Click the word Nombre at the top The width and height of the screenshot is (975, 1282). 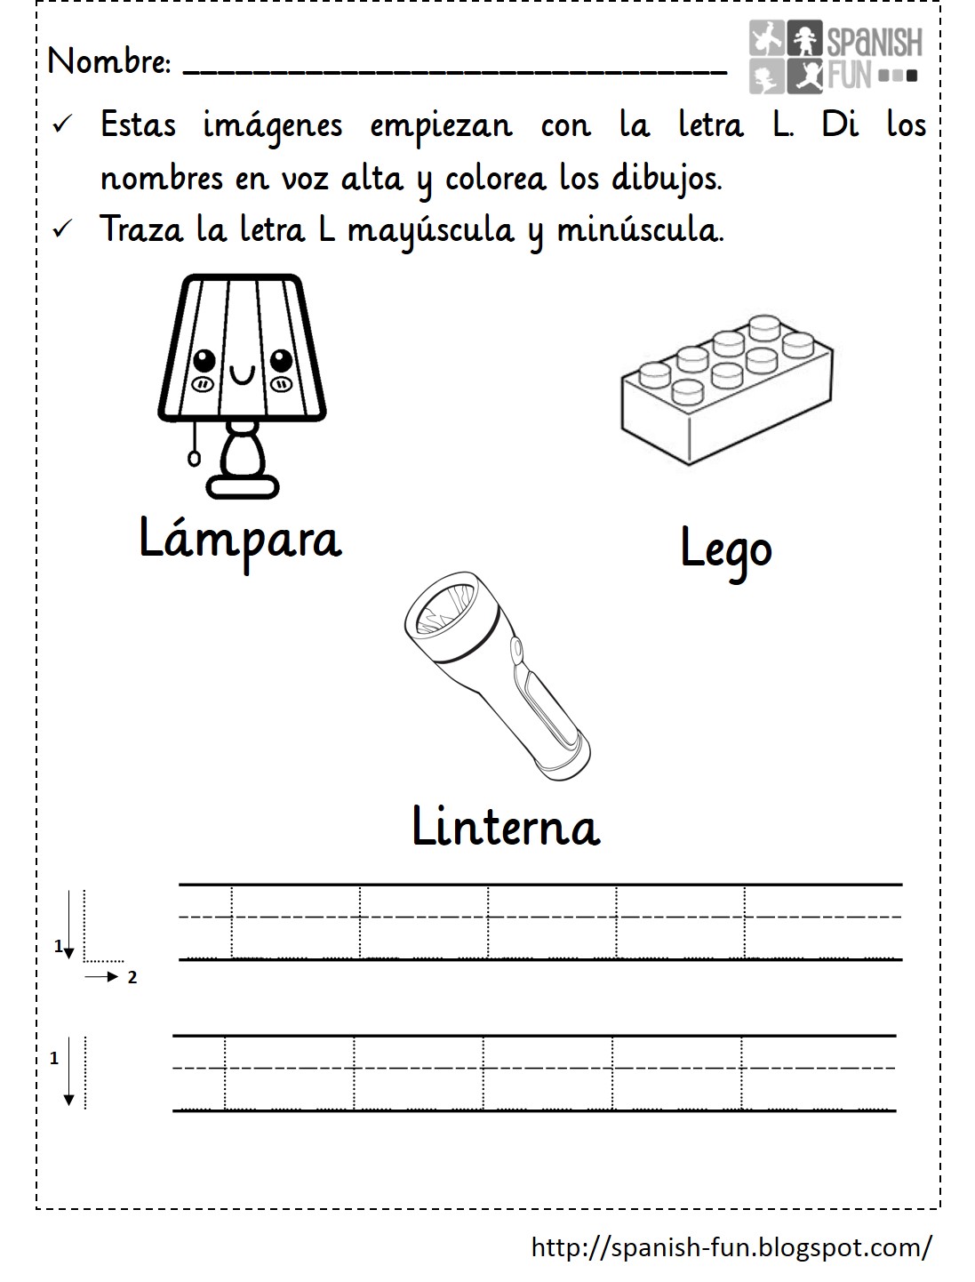108,61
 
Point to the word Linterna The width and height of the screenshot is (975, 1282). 506,827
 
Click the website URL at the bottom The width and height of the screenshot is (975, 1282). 731,1247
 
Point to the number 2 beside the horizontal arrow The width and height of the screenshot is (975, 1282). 132,978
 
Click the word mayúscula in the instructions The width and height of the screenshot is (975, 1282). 430,230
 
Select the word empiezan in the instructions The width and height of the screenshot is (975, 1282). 441,125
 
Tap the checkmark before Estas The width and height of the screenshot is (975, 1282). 61,125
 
